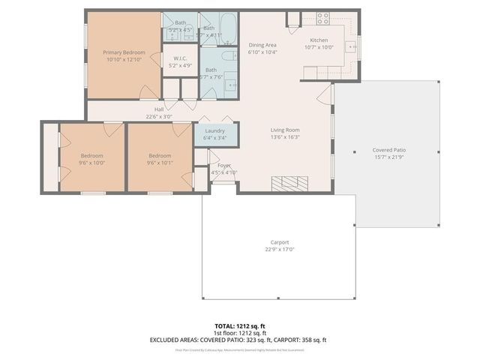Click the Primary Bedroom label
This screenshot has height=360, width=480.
(124, 52)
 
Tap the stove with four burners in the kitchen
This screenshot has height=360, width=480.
(323, 18)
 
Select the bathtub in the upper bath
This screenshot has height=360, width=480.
(229, 32)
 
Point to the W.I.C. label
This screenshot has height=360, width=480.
(180, 58)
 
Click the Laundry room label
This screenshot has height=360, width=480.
(214, 130)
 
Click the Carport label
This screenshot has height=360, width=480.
(280, 242)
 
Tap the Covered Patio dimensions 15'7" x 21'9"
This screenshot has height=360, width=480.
(390, 157)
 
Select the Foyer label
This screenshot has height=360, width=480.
(224, 165)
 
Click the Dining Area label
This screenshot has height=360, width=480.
(262, 45)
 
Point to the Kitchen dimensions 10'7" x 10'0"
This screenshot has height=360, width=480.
(319, 47)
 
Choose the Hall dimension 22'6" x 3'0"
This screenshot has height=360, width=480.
(159, 116)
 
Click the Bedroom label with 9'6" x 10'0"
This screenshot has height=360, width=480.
(92, 155)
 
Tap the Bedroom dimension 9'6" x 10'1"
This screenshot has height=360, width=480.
(159, 163)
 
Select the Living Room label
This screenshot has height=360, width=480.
(285, 130)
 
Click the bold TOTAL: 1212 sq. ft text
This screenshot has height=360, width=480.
(239, 326)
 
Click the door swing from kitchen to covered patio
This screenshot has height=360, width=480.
(325, 94)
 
